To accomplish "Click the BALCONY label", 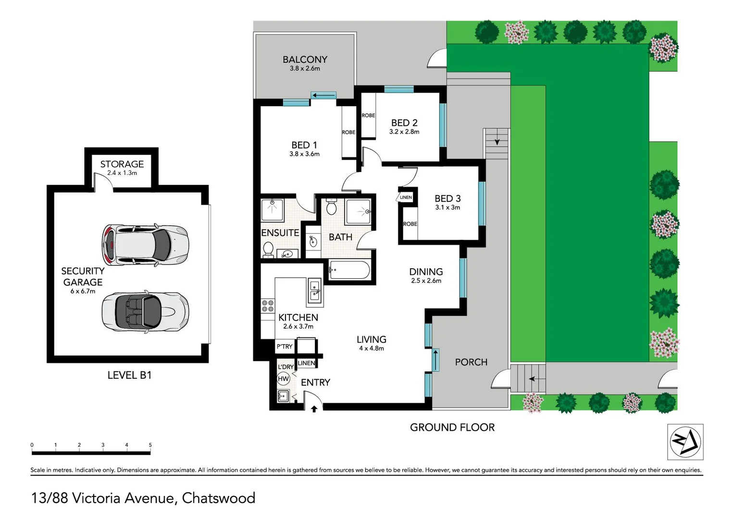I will tap(305, 60).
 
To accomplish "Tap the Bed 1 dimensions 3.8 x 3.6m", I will tap(304, 154).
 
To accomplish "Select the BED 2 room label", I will tap(404, 123).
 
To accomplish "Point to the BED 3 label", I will tap(448, 198).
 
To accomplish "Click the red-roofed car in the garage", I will tap(144, 245).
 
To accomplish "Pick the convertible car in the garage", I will tap(145, 311).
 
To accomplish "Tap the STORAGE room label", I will tap(122, 164).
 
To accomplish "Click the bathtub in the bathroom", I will tap(349, 270).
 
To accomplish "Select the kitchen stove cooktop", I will tap(267, 306).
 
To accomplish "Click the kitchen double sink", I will tap(314, 291).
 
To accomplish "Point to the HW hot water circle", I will tap(283, 379).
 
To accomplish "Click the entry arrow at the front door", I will tap(314, 409).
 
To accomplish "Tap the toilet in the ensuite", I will tap(269, 249).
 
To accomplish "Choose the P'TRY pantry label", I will tap(284, 346).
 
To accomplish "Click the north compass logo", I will tap(685, 442).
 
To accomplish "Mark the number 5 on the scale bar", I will tap(150, 445).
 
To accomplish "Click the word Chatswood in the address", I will tap(218, 498).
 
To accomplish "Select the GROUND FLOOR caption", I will tap(452, 427).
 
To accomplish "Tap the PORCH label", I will tap(471, 362).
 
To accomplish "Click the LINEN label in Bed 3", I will tap(406, 198).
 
